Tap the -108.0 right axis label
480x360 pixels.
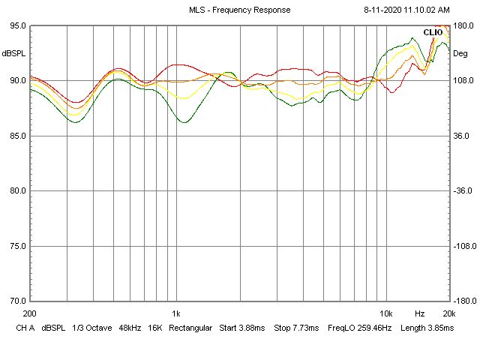coord(464,246)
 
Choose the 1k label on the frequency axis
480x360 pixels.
coord(175,313)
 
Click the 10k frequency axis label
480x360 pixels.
coord(385,313)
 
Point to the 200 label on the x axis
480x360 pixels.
coord(30,313)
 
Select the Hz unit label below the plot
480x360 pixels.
coord(420,313)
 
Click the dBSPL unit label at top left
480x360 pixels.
coord(13,53)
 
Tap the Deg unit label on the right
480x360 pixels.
coord(460,53)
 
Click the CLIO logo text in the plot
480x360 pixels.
coord(433,32)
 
